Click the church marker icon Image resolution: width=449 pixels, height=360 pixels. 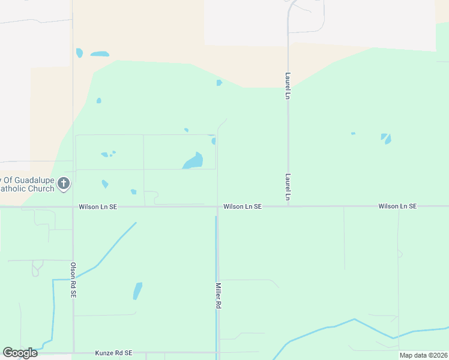click(64, 184)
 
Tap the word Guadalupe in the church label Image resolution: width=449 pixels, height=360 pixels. click(34, 179)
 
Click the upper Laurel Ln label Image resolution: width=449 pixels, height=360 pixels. click(288, 86)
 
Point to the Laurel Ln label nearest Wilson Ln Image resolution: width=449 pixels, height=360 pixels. click(288, 187)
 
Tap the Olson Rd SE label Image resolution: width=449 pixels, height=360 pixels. click(73, 280)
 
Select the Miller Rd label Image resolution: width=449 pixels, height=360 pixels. click(218, 296)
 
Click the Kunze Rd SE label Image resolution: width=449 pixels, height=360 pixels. click(113, 353)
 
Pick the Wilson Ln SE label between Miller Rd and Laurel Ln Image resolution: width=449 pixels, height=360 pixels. click(243, 206)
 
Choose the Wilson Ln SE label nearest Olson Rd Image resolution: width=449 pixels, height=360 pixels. click(97, 206)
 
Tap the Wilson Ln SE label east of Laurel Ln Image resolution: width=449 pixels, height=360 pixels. click(397, 206)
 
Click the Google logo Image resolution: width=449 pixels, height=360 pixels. click(20, 353)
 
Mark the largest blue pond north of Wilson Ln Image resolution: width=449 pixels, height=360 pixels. click(194, 161)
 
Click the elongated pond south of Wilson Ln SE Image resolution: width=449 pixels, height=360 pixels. click(137, 291)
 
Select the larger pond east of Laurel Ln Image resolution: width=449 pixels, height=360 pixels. click(387, 139)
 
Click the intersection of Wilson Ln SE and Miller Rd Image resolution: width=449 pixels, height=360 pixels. click(217, 206)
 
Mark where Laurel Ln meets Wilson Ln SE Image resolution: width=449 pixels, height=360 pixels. click(288, 206)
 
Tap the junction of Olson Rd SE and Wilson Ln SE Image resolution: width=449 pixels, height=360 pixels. click(73, 207)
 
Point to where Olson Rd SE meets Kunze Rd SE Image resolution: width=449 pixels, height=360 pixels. click(73, 353)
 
